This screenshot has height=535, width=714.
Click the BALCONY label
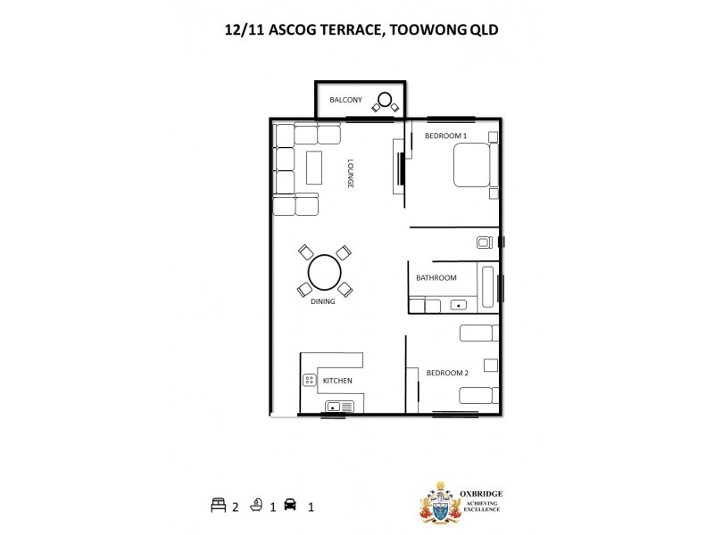coord(345,100)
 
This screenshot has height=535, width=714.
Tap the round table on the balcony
coord(385,99)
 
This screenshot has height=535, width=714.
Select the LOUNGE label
coord(352,173)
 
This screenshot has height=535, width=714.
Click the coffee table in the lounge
coord(313,168)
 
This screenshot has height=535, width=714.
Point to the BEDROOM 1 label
coord(445,136)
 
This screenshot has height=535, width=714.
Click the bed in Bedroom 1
coord(471,165)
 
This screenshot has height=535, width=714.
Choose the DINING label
coord(322,301)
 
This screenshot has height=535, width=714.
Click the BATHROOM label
coord(436,277)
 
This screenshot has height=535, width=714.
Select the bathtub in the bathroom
coord(488,285)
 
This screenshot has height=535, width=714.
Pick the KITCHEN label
coord(337,381)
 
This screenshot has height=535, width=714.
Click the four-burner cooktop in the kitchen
coord(309,380)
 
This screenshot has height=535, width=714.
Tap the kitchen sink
coord(335,407)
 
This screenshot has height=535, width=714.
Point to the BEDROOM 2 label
coord(447,373)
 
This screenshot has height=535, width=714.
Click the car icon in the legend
coord(289,505)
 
